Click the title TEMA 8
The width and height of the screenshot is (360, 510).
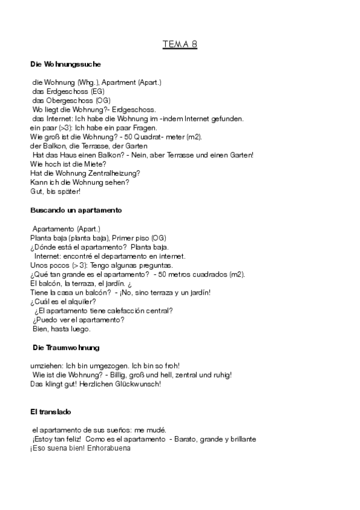point(180,45)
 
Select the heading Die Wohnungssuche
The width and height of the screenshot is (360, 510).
point(65,64)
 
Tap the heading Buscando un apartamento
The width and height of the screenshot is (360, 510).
point(76,210)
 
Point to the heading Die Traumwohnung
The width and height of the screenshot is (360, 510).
point(66,348)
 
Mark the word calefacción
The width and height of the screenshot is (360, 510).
point(136,311)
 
